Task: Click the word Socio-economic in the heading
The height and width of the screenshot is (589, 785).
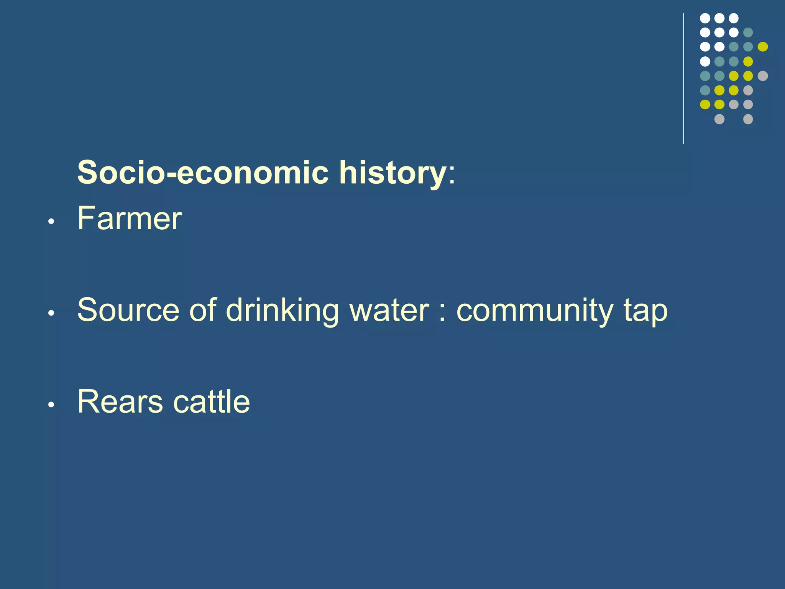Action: click(x=203, y=173)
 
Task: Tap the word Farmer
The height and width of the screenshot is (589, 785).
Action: click(x=130, y=219)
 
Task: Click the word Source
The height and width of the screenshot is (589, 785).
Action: click(x=128, y=310)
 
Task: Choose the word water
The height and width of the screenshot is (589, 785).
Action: click(x=389, y=311)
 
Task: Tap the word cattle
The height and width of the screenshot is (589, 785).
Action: click(x=212, y=402)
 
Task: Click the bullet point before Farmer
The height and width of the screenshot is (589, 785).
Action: click(x=51, y=222)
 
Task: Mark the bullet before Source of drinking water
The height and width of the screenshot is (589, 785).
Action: click(x=51, y=313)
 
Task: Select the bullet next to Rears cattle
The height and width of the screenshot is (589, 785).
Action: click(x=51, y=405)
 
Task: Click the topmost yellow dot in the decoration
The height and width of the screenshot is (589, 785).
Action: click(x=762, y=47)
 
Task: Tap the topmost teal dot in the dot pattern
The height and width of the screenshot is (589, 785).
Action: click(x=748, y=33)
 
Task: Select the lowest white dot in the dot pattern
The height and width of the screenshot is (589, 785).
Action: click(x=705, y=61)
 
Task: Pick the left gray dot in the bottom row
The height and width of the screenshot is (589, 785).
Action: click(x=719, y=119)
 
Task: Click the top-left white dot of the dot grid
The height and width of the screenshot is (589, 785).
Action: click(x=705, y=18)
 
